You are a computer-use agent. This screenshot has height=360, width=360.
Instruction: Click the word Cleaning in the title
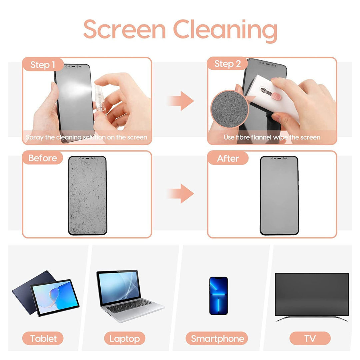(225, 30)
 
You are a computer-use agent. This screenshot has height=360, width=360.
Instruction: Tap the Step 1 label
(43, 64)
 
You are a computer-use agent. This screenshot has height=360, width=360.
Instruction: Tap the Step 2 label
(227, 64)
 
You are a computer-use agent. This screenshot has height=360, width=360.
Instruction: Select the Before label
(42, 158)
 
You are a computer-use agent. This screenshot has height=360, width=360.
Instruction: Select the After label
(228, 158)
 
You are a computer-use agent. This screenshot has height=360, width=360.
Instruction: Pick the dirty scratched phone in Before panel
(87, 195)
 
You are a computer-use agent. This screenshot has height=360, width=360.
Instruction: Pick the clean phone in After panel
(279, 195)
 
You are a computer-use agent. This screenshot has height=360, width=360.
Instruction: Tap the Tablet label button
(43, 339)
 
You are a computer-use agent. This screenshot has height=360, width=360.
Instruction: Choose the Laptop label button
(124, 339)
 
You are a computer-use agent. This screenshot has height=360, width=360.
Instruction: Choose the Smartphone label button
(217, 339)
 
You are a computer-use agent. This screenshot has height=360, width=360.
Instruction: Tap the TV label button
(310, 339)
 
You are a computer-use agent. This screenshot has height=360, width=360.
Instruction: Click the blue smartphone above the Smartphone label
(218, 295)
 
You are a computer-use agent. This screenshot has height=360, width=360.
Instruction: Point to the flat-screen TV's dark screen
(311, 294)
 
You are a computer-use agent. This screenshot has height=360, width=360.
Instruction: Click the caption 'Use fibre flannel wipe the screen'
(272, 137)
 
